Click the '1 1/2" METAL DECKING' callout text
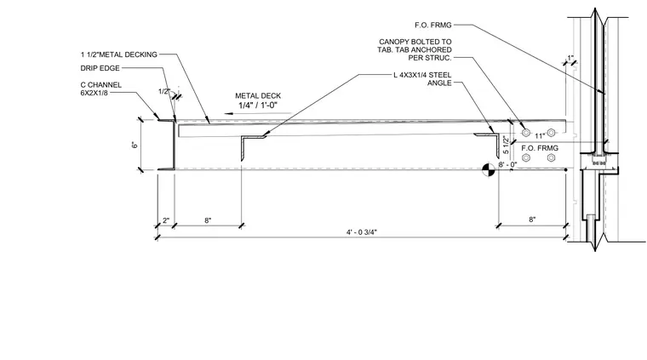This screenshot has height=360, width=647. [119, 54]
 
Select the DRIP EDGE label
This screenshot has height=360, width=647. [100, 68]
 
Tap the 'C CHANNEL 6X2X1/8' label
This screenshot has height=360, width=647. [101, 89]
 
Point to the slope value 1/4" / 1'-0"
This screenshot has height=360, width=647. [258, 106]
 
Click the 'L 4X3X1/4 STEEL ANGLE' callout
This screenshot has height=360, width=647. [422, 79]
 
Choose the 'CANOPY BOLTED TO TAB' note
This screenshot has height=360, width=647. [415, 49]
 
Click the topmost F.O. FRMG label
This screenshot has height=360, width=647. [432, 26]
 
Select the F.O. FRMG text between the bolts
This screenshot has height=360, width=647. [540, 148]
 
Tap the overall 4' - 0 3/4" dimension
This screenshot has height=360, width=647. [362, 232]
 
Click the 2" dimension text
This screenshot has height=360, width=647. [166, 220]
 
